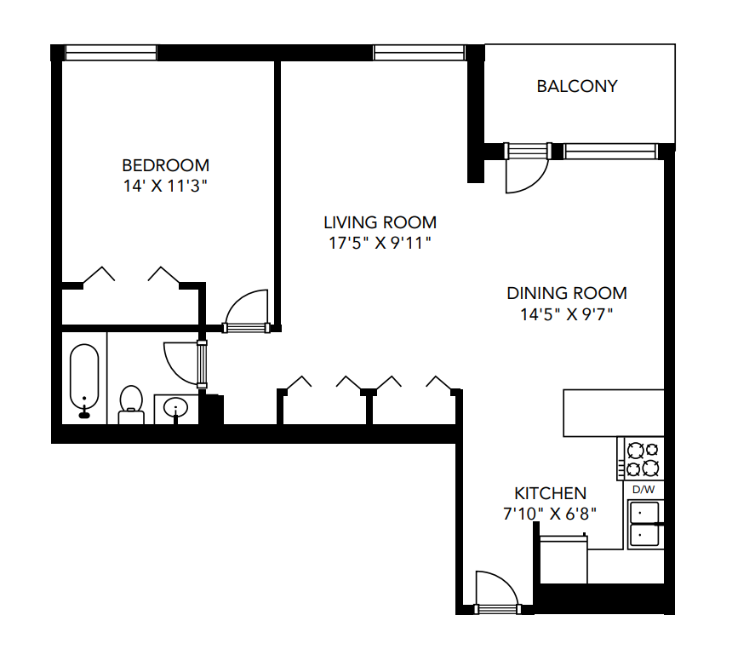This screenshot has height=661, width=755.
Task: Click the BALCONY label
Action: pos(576,86)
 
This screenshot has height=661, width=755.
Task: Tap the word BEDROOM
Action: pos(165,165)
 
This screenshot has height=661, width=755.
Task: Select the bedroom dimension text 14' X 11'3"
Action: pos(165,185)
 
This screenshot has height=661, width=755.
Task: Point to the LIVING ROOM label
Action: pos(380,222)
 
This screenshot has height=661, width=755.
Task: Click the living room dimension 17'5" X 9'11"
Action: pos(380,243)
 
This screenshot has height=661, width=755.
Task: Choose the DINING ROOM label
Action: pos(566,293)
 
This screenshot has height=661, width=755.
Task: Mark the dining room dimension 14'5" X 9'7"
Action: pos(566,313)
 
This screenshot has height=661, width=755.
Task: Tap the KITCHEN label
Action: pos(550,493)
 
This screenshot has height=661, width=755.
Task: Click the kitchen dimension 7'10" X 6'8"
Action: pos(550,514)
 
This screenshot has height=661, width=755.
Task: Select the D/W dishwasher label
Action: pos(643,489)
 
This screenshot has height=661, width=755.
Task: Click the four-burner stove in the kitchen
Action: pos(643,458)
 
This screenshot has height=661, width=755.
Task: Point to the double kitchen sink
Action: pos(643,523)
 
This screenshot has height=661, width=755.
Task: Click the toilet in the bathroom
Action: pos(130,403)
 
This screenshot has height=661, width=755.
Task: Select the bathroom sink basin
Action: pos(176,408)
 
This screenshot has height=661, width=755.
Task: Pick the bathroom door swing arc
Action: pos(180,362)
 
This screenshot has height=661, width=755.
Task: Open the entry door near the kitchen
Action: pos(495,589)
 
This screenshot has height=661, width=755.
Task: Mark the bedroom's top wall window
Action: pos(111,53)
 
